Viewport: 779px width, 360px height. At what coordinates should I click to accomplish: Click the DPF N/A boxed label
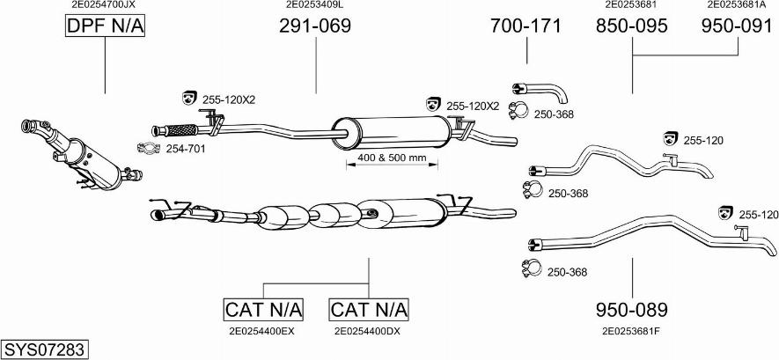point(105,27)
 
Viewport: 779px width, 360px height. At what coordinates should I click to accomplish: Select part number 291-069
point(314,26)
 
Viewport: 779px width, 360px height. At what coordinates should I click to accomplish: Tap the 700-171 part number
point(525,26)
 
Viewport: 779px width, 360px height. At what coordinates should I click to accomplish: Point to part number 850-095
point(632,26)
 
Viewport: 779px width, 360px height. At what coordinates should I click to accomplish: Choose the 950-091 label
point(736,26)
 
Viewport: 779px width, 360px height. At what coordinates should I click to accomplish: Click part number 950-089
point(632,310)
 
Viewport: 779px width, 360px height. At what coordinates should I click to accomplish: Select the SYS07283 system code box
point(44,349)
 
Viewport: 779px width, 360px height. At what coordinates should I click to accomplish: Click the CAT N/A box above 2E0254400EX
point(263,310)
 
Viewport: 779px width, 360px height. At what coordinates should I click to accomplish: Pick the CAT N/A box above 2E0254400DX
point(369,310)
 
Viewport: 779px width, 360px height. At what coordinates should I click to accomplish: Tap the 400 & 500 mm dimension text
point(393,158)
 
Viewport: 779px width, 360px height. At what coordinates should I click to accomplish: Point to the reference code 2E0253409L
point(314,4)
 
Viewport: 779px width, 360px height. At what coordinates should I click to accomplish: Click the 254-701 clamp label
point(186,149)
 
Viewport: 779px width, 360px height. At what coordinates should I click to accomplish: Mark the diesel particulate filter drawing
point(79,154)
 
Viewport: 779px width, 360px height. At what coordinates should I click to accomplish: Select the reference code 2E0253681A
point(736,4)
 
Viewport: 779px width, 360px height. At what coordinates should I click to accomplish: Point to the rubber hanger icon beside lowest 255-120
point(726,213)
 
